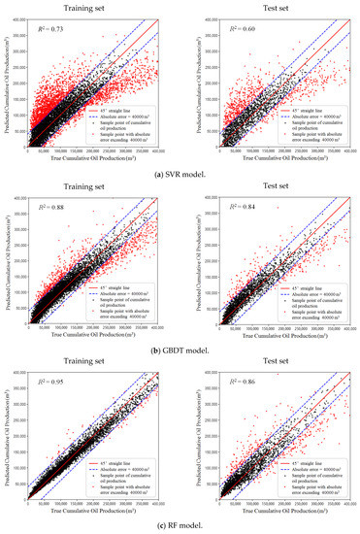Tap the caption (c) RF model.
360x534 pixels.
179,525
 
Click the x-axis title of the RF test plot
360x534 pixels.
281,512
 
